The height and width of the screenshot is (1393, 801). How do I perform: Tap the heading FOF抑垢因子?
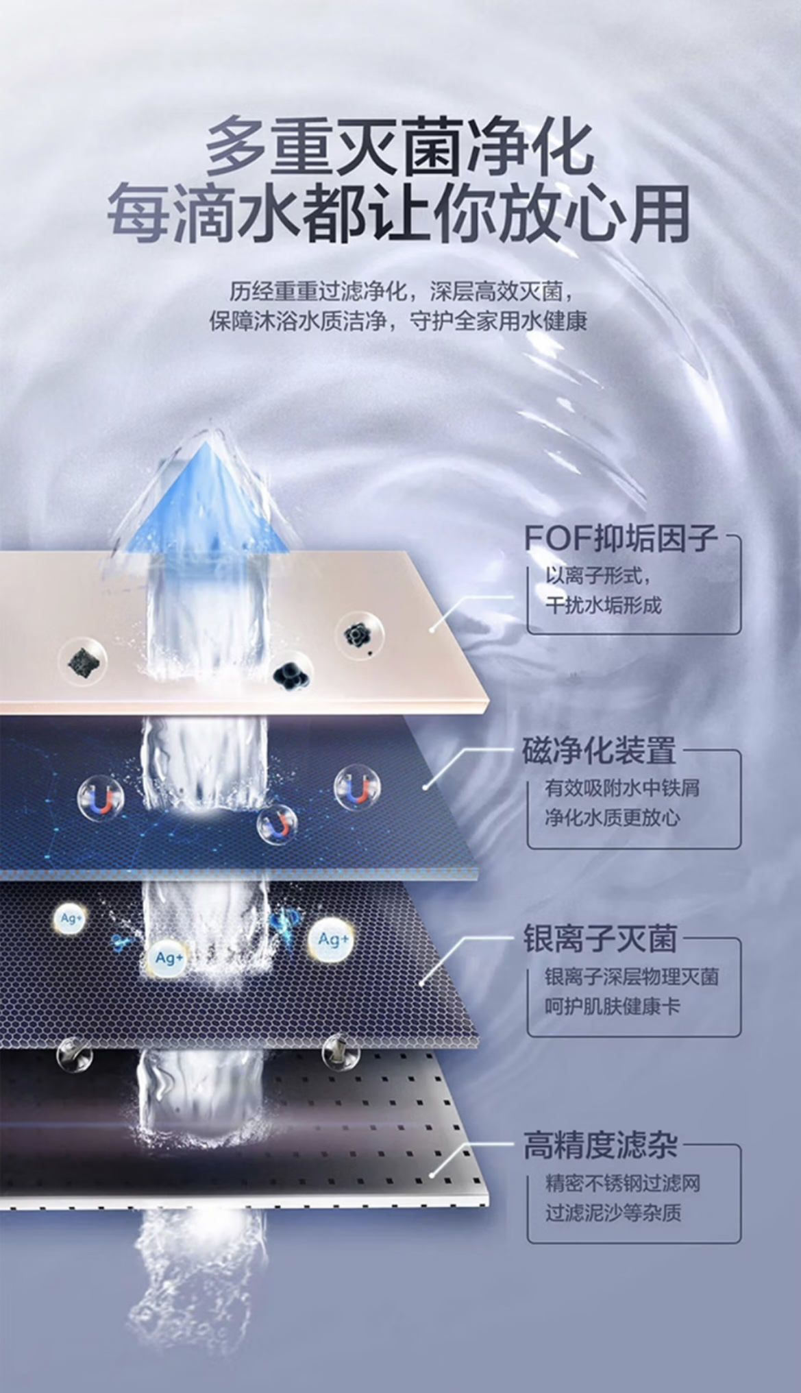621,539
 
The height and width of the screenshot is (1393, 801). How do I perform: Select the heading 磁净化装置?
600,751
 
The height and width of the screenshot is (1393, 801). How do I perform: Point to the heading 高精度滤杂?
600,1146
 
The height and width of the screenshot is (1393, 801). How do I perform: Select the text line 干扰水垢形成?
604,605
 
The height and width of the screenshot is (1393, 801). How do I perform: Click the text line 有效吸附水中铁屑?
622,788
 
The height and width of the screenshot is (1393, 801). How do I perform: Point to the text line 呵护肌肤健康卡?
613,1007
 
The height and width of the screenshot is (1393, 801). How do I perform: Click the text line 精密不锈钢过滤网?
622,1184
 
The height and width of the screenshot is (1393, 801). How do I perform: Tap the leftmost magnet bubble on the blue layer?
101,798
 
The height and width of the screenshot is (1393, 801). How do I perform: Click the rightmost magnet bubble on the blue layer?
356,788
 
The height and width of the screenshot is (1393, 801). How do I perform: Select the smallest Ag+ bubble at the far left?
70,919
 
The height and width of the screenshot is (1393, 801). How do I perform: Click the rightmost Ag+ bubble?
332,939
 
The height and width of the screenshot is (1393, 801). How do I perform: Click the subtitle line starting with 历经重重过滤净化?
399,292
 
